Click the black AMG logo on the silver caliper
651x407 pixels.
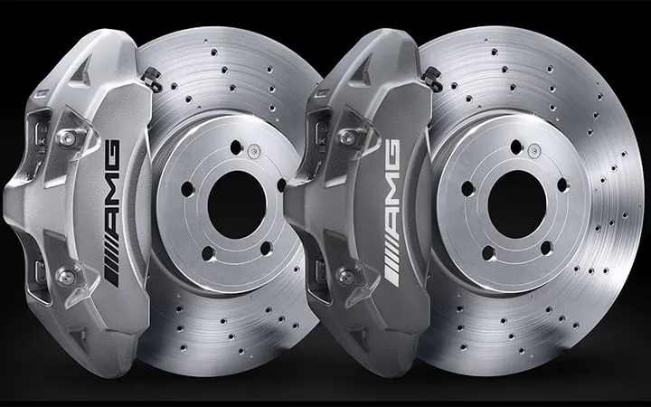(111, 213)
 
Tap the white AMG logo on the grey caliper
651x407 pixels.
(392, 213)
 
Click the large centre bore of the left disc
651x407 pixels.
(237, 204)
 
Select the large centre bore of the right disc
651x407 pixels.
(517, 204)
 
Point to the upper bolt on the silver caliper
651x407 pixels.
(67, 137)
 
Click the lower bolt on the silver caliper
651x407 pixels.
(66, 276)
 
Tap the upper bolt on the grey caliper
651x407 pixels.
(347, 137)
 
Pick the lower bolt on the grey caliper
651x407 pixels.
(346, 276)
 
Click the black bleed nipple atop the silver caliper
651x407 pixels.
(152, 78)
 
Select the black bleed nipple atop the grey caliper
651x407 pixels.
(432, 78)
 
